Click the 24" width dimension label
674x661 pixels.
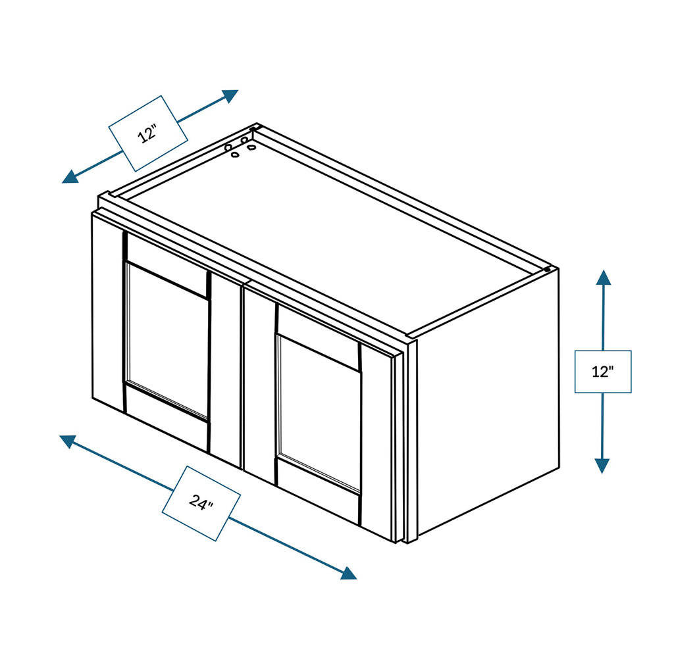tap(201, 502)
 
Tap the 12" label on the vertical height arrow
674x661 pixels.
tap(603, 372)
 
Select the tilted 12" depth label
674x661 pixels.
tap(148, 134)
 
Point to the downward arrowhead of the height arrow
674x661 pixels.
tap(602, 466)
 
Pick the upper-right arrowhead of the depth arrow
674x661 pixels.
tap(230, 96)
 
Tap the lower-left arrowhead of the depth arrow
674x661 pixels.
tap(70, 176)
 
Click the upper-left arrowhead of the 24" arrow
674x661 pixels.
tap(68, 441)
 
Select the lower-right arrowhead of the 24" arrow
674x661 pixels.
tap(349, 573)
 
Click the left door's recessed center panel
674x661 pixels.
tap(167, 342)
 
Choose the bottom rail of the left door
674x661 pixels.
tap(167, 418)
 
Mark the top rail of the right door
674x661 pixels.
tap(318, 339)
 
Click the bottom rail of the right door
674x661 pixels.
tap(318, 490)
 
